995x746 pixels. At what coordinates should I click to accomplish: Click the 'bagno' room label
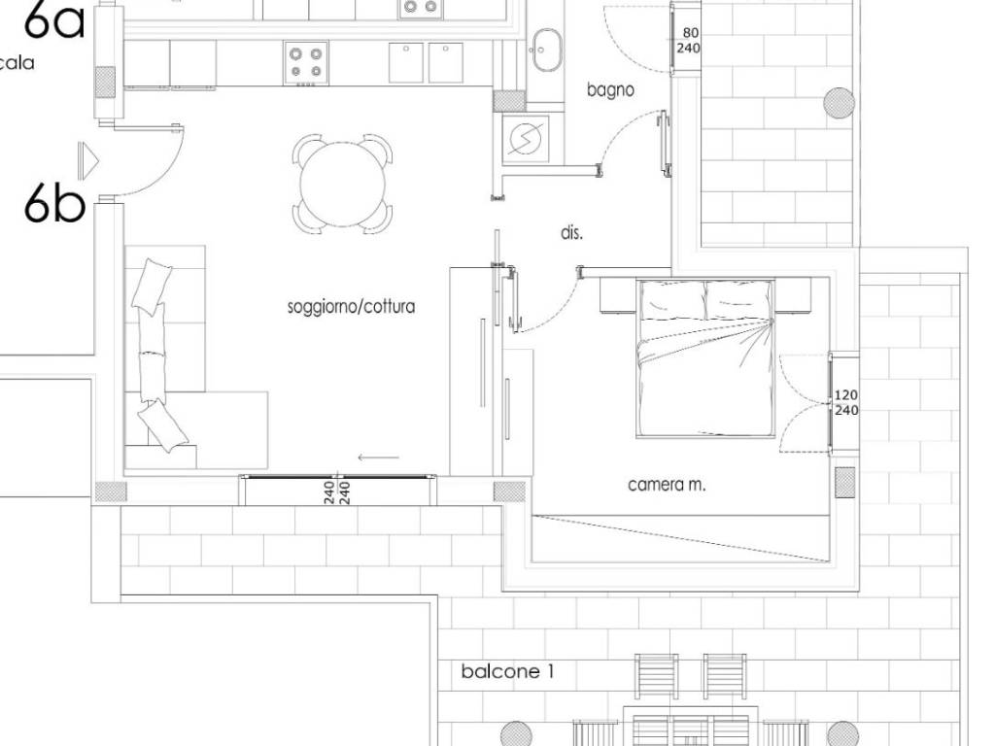point(610,90)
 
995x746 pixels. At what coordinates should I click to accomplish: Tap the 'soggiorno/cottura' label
point(352,307)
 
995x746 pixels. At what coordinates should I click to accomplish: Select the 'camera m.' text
point(667,486)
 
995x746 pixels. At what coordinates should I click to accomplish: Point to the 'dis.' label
point(571,233)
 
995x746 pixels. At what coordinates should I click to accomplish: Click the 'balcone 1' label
point(507,671)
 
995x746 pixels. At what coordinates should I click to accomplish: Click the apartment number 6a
point(54,21)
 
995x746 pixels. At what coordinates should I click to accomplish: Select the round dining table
point(343,184)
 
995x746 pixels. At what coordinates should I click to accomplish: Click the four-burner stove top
point(306,63)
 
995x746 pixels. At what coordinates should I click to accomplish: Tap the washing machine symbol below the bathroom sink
point(526,138)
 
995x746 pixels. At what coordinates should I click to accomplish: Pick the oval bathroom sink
point(547,51)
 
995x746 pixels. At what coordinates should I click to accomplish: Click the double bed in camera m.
point(705,358)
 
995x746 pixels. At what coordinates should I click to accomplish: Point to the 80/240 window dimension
point(689,40)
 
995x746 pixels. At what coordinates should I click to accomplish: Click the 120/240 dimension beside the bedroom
point(846,403)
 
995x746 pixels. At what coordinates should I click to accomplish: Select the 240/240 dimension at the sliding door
point(337,492)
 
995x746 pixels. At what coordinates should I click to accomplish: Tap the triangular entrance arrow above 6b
point(88,161)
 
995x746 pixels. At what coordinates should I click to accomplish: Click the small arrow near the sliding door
point(378,457)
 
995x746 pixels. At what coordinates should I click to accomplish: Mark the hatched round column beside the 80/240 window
point(839,103)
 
